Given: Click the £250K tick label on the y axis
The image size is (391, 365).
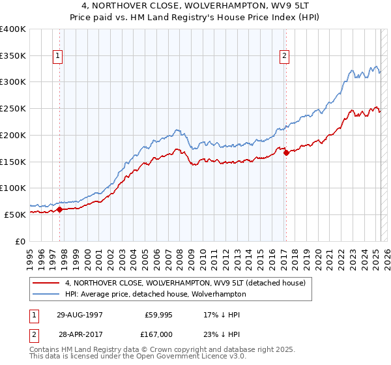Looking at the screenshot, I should click(12, 108).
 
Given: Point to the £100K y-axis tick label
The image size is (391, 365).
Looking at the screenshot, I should click(12, 188).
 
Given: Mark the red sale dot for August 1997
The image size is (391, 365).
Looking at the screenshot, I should click(59, 209).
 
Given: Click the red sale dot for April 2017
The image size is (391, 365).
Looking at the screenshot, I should click(286, 153).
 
